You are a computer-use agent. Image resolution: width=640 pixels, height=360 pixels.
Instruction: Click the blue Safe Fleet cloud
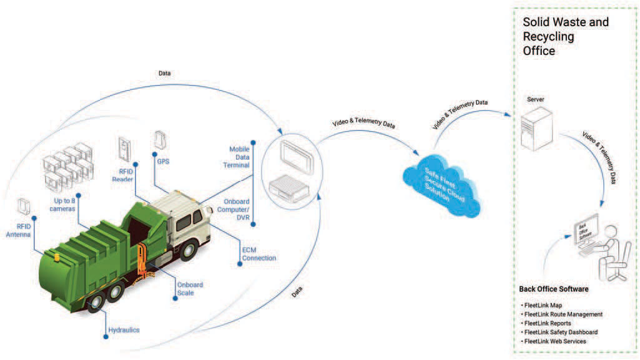(441, 186)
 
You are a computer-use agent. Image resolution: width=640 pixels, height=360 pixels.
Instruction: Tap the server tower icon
(537, 129)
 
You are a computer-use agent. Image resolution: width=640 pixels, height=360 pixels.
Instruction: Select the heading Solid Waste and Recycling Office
(565, 36)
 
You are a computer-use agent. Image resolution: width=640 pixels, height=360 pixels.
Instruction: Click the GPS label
(163, 162)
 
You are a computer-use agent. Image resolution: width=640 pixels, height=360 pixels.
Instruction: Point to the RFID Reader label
(123, 175)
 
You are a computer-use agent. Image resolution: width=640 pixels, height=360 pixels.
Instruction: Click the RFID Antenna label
(18, 230)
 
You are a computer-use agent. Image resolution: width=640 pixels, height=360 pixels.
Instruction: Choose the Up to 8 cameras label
(62, 205)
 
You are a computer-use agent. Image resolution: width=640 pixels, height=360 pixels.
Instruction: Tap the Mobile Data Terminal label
(236, 157)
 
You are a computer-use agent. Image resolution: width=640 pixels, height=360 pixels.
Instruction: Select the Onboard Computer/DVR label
(234, 209)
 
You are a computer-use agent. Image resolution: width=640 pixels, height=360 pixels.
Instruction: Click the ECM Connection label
(258, 254)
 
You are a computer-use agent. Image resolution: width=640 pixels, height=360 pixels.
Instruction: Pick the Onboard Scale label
(190, 289)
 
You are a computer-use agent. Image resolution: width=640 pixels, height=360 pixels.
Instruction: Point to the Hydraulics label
(124, 330)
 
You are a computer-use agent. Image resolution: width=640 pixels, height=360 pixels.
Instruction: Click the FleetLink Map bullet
(542, 305)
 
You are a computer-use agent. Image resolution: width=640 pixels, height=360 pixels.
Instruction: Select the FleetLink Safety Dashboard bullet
(559, 333)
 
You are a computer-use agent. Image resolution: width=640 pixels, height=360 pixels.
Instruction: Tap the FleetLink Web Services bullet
(554, 341)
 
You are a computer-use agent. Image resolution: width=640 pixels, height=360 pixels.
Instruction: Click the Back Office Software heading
(554, 289)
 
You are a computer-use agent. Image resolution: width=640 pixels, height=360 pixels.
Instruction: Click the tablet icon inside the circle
(297, 157)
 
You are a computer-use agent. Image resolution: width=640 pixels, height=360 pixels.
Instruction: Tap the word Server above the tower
(536, 99)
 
